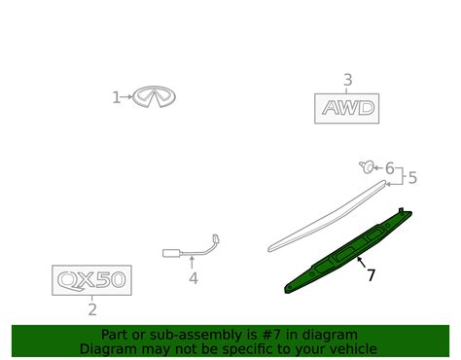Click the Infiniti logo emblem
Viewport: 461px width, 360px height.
pos(154,96)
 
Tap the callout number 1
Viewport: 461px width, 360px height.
pos(116,97)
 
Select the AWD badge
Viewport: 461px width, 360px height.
pos(347,108)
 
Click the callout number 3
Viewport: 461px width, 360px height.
pos(347,80)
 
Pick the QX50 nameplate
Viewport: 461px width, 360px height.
pos(91,280)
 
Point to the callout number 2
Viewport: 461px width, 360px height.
pos(92,309)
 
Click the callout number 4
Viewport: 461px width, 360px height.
pos(194,278)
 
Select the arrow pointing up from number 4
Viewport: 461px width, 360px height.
pos(192,263)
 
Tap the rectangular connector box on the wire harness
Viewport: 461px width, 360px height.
pos(171,253)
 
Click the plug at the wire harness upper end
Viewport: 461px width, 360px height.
pos(216,239)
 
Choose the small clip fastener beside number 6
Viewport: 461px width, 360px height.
pos(367,166)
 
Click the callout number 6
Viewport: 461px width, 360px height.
pos(389,168)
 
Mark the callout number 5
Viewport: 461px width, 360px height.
pos(412,178)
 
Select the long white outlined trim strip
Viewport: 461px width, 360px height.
pos(328,216)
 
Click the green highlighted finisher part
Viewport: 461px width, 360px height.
pos(348,250)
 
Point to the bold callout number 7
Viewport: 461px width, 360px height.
pos(371,275)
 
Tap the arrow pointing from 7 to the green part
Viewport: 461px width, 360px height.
pos(361,262)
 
